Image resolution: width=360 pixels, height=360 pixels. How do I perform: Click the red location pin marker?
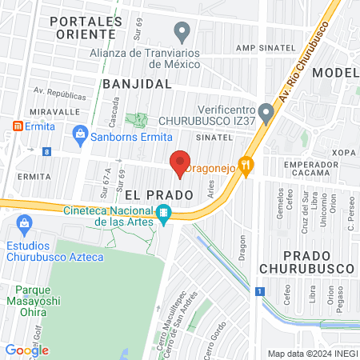point(181,162)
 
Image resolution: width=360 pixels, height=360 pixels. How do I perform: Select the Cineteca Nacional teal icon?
point(163,213)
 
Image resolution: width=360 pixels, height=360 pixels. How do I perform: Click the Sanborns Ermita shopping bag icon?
point(79,135)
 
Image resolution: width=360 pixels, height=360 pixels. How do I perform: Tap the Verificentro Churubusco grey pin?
point(266,114)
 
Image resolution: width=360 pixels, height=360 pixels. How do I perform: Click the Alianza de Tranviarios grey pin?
point(182,33)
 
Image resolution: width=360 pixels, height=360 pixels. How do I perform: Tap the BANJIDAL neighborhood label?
point(138,83)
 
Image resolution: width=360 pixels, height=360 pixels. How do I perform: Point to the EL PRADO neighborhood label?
point(158,195)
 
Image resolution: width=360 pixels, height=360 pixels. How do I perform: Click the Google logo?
point(26,350)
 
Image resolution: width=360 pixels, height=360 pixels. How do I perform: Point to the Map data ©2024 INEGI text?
point(311,354)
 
